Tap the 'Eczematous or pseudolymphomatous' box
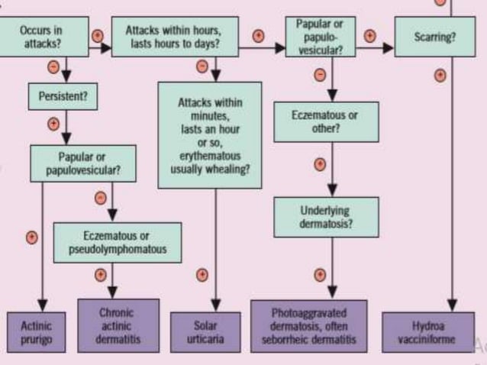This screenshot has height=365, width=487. [x=118, y=242]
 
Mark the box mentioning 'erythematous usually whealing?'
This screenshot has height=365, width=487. [x=210, y=134]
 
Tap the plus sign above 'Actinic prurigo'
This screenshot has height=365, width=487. [x=31, y=237]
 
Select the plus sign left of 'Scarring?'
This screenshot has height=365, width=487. [x=370, y=35]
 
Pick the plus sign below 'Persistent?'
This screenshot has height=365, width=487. [x=53, y=123]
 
